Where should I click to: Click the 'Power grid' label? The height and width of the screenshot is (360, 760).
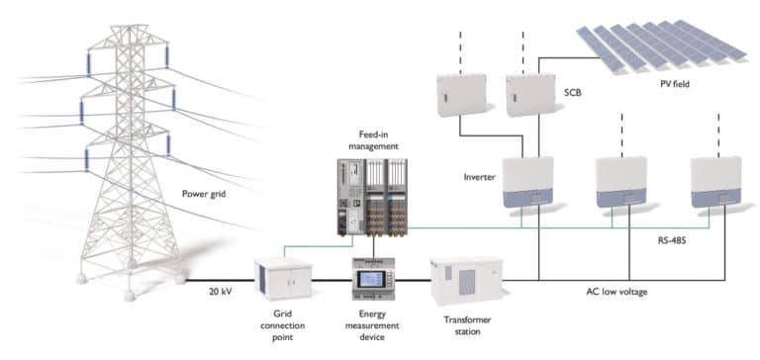point(204,194)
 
